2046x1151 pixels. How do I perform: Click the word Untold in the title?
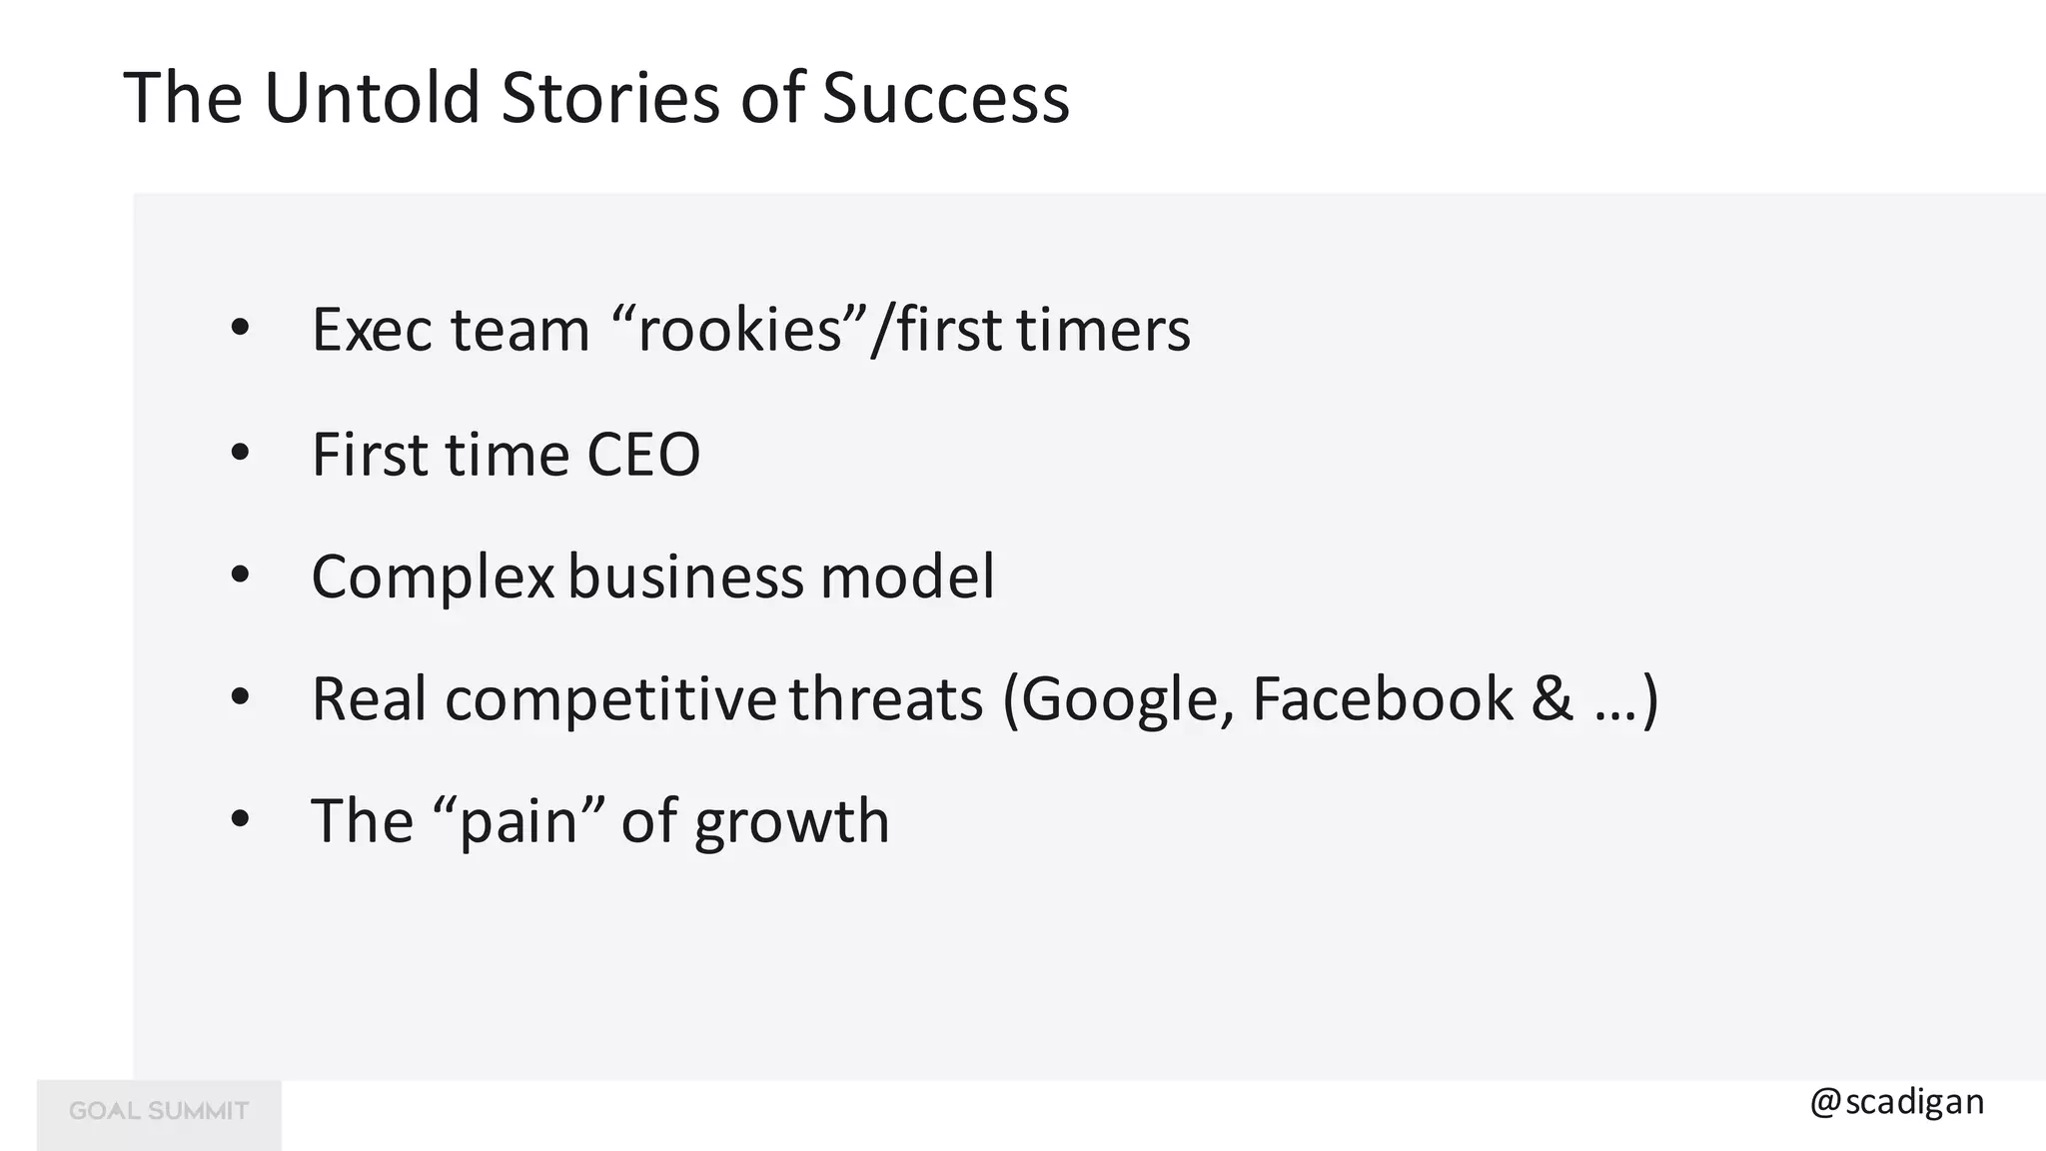tap(372, 98)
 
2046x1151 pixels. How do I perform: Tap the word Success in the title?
tap(945, 98)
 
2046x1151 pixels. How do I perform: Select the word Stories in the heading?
tap(609, 98)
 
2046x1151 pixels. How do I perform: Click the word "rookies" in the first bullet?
tap(740, 329)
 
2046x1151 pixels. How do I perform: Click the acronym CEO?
tap(643, 455)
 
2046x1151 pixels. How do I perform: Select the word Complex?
tap(433, 576)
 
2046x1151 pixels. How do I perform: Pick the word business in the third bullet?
tap(685, 576)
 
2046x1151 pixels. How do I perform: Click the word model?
tap(907, 576)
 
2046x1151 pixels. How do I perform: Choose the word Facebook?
tap(1382, 698)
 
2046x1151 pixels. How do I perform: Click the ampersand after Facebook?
tap(1551, 698)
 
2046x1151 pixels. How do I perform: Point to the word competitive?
tap(609, 698)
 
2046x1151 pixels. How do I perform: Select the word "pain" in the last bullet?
tap(518, 820)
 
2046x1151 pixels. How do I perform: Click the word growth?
tap(791, 822)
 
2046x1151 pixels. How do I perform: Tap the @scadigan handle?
tap(1896, 1102)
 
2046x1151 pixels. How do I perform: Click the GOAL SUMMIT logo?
tap(159, 1112)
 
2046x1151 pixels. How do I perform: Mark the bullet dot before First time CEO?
tap(240, 455)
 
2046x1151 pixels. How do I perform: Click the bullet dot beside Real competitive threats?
tap(240, 698)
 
